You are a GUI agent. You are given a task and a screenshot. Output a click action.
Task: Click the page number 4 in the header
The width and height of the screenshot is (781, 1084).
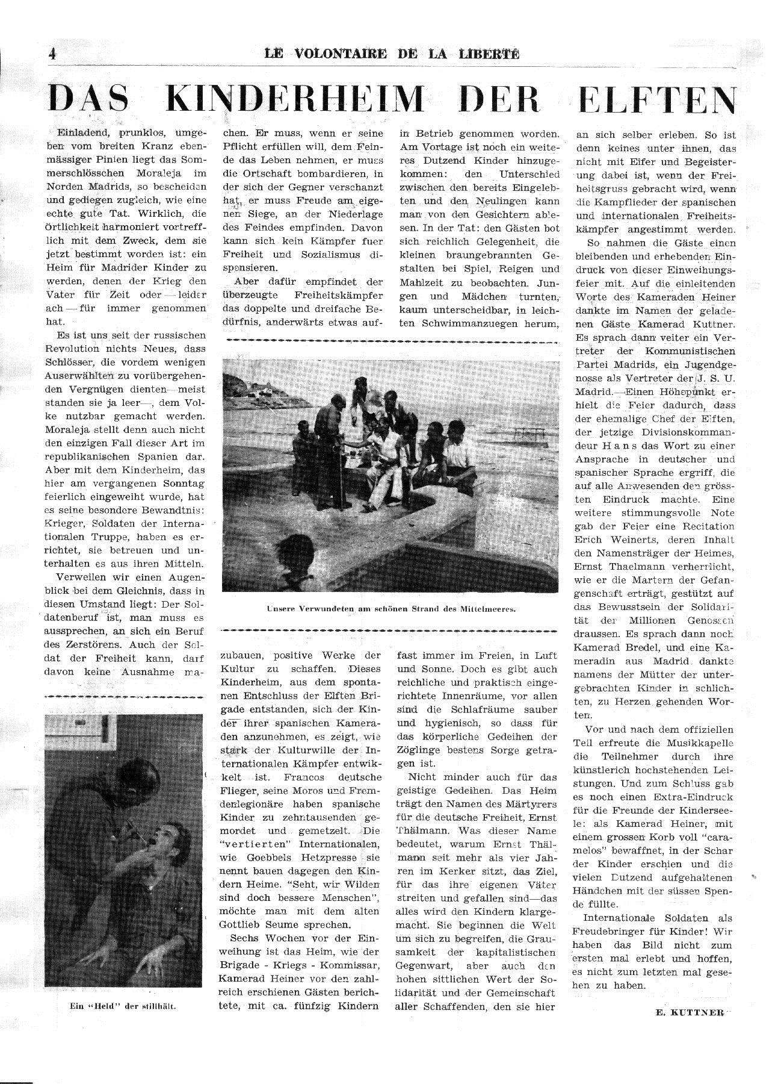pyautogui.click(x=52, y=54)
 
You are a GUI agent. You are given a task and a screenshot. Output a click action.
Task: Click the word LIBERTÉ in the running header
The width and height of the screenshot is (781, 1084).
pyautogui.click(x=492, y=54)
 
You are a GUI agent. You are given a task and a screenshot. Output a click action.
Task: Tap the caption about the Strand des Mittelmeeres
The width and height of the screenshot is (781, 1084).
pyautogui.click(x=390, y=609)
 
